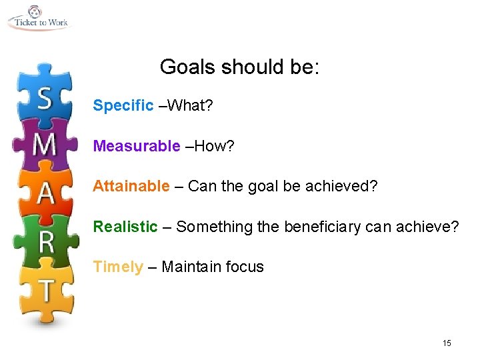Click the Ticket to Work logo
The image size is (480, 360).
coord(38,17)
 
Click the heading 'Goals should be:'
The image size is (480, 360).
coord(240,67)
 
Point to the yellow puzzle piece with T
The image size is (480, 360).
coord(45,290)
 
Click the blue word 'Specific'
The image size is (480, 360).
coord(123,106)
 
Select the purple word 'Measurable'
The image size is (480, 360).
coord(137,146)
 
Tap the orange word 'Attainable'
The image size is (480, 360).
coord(131,187)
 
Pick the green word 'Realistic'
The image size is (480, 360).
coord(125,227)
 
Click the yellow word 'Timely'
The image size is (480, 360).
coord(118,267)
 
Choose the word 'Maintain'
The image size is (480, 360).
coord(191,267)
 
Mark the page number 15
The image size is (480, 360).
coord(447,343)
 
